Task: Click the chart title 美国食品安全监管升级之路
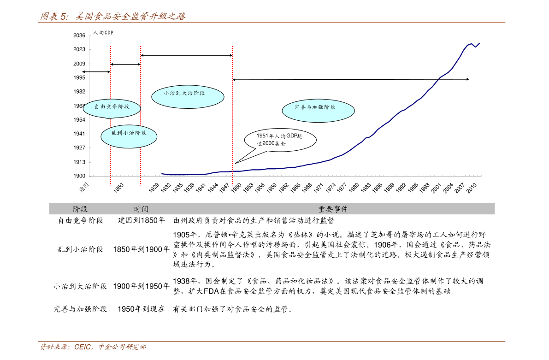pyautogui.click(x=130, y=16)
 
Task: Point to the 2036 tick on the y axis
pyautogui.click(x=79, y=35)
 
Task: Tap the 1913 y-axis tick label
pyautogui.click(x=79, y=162)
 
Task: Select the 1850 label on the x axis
pyautogui.click(x=118, y=188)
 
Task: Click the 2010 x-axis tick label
pyautogui.click(x=471, y=188)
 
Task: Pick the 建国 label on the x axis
pyautogui.click(x=84, y=187)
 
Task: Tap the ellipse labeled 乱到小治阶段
pyautogui.click(x=129, y=136)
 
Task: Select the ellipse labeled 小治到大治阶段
pyautogui.click(x=188, y=97)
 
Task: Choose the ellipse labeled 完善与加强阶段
pyautogui.click(x=318, y=111)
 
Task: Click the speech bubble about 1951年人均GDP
pyautogui.click(x=280, y=140)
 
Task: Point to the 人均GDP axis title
pyautogui.click(x=103, y=33)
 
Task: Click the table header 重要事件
pyautogui.click(x=333, y=209)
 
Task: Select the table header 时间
pyautogui.click(x=141, y=209)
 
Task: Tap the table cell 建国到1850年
pyautogui.click(x=142, y=220)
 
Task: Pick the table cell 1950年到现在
pyautogui.click(x=142, y=309)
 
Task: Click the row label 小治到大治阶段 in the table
pyautogui.click(x=80, y=286)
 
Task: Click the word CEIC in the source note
pyautogui.click(x=83, y=347)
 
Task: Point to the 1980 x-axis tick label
pyautogui.click(x=354, y=188)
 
